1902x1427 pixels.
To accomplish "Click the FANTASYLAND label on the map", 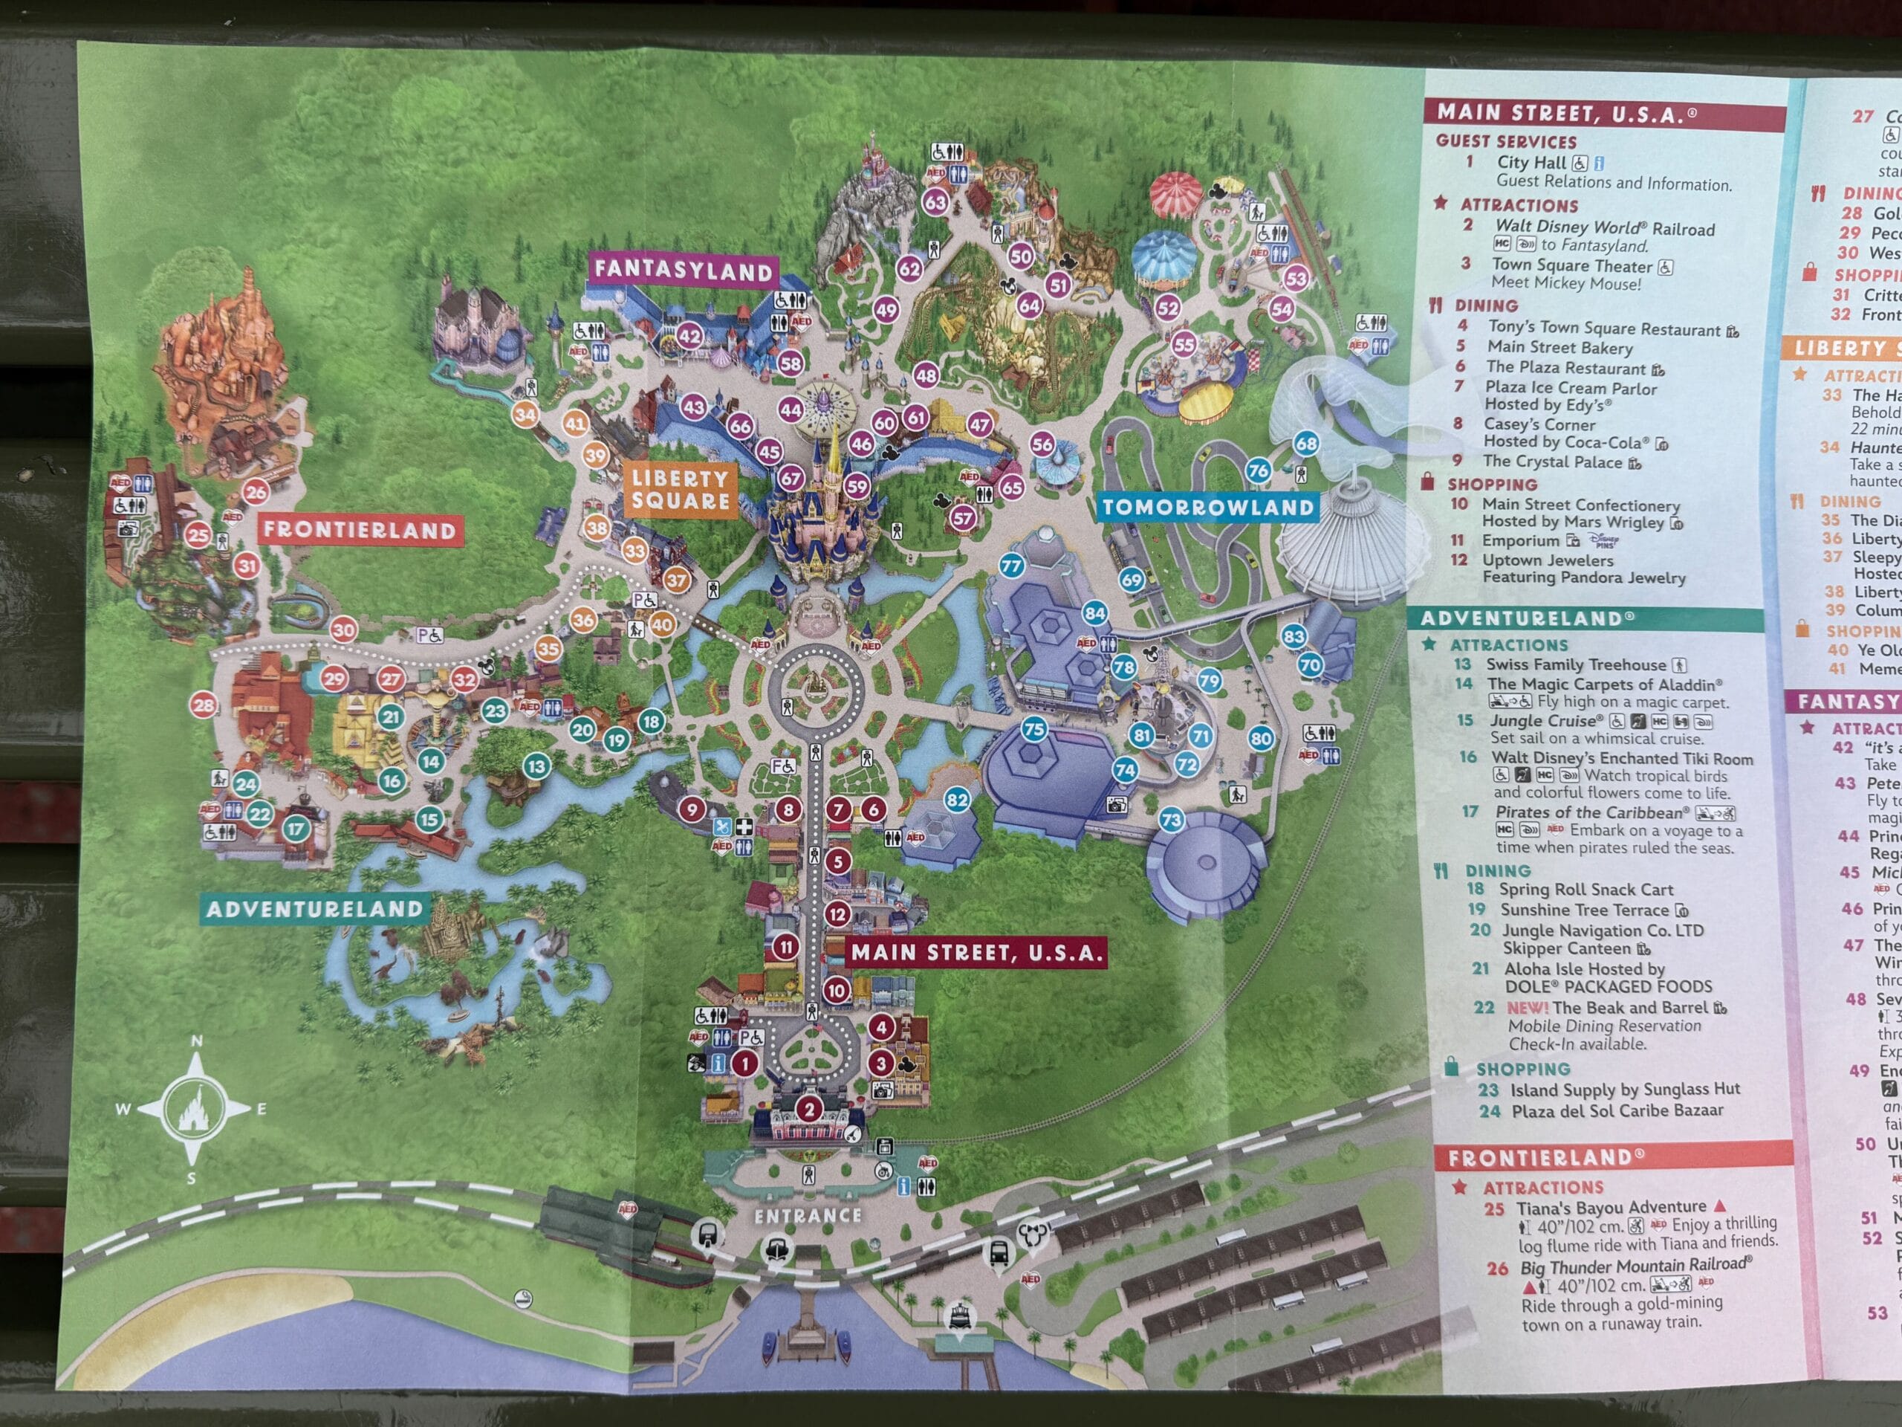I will tap(684, 271).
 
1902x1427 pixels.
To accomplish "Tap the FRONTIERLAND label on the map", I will tap(360, 530).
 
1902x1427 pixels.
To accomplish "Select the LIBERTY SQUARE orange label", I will tap(680, 491).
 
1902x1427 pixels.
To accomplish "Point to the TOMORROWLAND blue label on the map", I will tap(1208, 508).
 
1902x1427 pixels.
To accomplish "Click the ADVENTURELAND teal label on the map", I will tap(315, 909).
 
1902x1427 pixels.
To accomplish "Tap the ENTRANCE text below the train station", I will tap(808, 1215).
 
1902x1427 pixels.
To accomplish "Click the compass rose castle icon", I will tap(195, 1110).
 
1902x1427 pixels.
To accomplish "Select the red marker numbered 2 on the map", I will tap(808, 1109).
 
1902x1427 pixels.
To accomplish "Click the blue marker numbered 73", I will tap(1171, 820).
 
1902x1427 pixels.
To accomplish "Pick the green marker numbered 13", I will tap(536, 766).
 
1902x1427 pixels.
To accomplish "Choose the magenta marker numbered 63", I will tap(935, 203).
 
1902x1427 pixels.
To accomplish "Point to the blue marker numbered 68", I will tap(1306, 444).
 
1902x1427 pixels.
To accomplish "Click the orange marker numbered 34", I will tap(525, 415).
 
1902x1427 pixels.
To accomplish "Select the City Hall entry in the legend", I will tap(1531, 163).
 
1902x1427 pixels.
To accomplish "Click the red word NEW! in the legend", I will tap(1527, 1008).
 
